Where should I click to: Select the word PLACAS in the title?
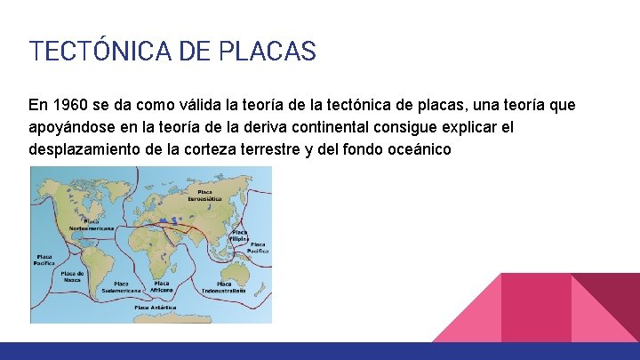click(275, 52)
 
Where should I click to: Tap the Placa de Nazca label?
click(72, 277)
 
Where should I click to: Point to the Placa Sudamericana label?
click(121, 286)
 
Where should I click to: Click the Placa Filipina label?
click(239, 236)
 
